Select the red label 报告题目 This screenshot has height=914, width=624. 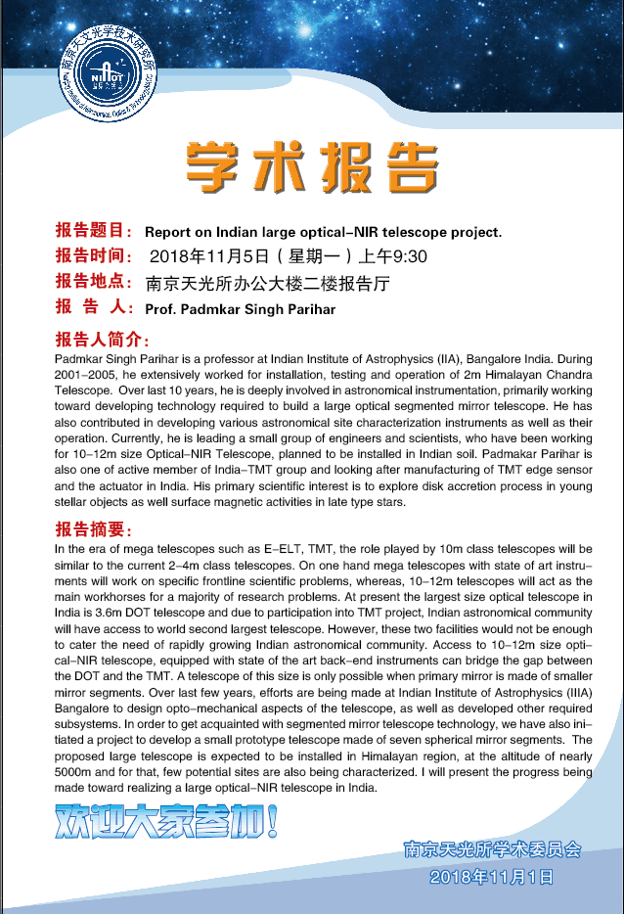94,232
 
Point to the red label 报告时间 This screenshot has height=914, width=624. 94,256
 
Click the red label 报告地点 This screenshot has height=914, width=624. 94,283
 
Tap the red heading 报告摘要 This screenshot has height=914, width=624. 94,529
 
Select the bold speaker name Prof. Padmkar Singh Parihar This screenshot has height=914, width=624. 240,309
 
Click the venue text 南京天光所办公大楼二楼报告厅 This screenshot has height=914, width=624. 268,284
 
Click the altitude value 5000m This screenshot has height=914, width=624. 78,774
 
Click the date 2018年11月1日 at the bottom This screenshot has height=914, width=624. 492,876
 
